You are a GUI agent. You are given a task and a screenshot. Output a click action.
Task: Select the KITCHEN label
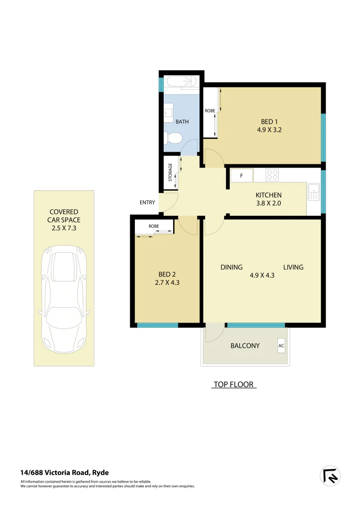point(268,195)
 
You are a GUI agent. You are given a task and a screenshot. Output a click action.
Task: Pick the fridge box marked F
point(241,176)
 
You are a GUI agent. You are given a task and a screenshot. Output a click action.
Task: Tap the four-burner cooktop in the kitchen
point(272,175)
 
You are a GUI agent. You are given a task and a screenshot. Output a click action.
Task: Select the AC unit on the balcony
point(281,346)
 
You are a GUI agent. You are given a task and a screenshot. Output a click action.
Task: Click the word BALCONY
point(245,346)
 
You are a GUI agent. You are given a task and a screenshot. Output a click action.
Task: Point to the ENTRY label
point(147,203)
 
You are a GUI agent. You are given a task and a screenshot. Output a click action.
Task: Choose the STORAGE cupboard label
point(171,172)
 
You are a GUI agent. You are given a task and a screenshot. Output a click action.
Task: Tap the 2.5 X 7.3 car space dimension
point(64,228)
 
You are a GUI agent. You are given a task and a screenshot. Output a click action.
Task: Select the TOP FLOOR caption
point(234,384)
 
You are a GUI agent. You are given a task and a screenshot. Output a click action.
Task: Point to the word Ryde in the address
point(100,472)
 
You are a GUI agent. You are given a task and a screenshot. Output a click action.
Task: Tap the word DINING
point(232,267)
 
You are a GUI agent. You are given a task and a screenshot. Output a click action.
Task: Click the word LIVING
point(293,267)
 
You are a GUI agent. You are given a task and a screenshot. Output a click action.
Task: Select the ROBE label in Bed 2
point(154,226)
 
